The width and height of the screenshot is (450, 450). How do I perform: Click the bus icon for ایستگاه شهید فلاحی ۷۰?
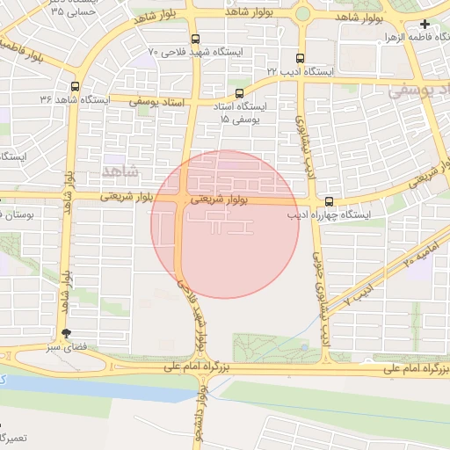click(194, 38)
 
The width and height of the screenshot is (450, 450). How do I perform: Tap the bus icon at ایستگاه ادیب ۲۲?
click(301, 54)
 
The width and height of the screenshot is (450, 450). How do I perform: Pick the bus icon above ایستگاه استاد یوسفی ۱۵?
click(240, 92)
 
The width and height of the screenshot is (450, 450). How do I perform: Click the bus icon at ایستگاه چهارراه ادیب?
click(330, 201)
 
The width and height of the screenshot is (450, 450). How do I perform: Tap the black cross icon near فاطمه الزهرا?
click(425, 25)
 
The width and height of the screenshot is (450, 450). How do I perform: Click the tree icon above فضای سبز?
click(66, 333)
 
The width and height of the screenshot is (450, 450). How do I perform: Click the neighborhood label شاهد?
click(121, 169)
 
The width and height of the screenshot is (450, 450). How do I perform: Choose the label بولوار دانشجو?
click(201, 418)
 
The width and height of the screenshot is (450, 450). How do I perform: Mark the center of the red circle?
click(225, 224)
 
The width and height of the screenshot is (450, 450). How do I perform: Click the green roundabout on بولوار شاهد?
click(303, 13)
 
